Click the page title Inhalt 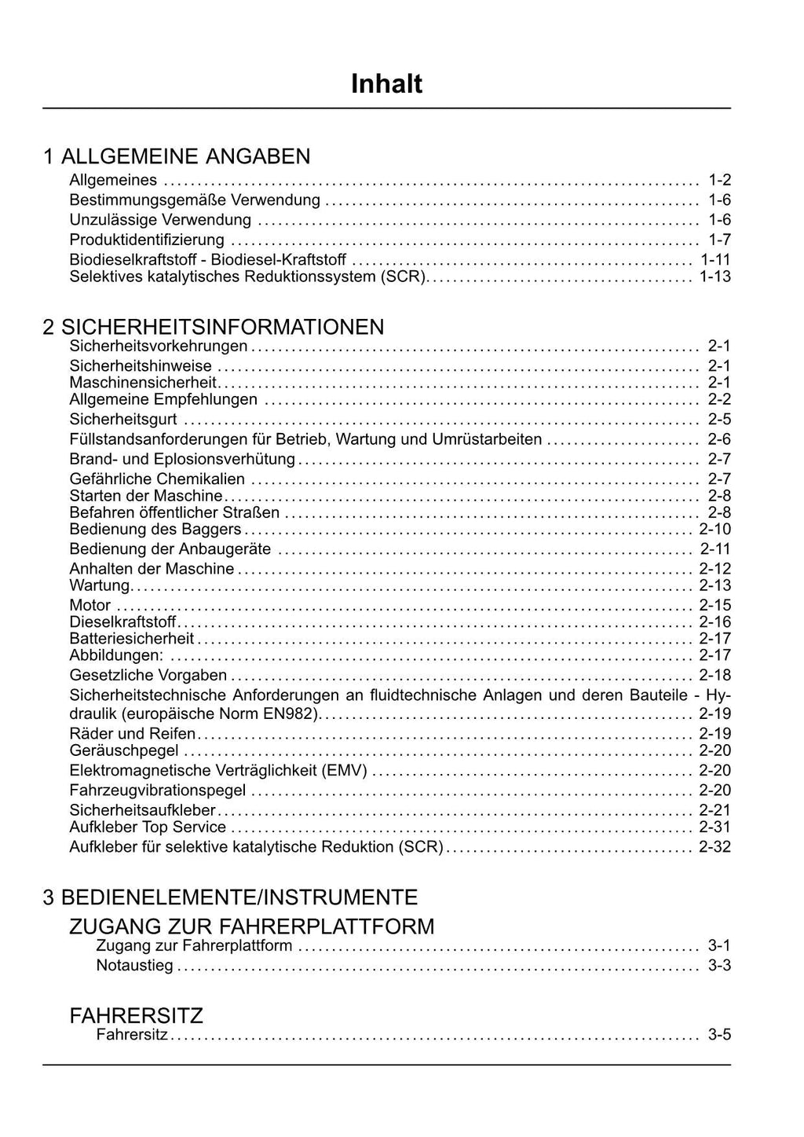pos(386,83)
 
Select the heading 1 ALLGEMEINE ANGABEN pos(177,156)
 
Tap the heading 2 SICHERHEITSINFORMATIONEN pos(214,327)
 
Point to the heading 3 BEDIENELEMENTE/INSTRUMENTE pos(230,897)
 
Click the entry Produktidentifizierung pos(147,240)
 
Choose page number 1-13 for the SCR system pos(714,277)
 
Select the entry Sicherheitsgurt pos(123,420)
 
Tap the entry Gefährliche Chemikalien pos(157,479)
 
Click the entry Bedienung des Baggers pos(155,530)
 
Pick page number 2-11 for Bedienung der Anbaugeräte pos(714,549)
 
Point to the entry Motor pos(90,606)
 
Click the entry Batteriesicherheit pos(132,639)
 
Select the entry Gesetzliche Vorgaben pos(148,675)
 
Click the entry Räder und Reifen pos(133,734)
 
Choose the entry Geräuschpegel pos(124,750)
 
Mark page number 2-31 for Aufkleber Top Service pos(714,827)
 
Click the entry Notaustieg pos(134,966)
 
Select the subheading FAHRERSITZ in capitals pos(137,1016)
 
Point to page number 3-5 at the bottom pos(719,1035)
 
